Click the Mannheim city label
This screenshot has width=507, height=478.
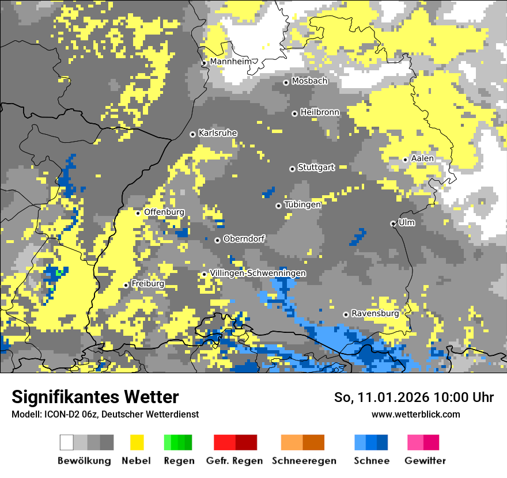coord(231,62)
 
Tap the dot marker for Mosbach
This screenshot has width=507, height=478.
coord(286,82)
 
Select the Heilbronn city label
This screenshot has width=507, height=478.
coord(320,112)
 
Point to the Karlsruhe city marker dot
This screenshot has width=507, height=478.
coord(193,134)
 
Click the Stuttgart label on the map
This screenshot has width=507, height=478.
coord(316,168)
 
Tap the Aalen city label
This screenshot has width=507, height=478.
coord(422,158)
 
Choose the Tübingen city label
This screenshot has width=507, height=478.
coord(302,204)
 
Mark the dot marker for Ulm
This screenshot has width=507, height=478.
coord(393,223)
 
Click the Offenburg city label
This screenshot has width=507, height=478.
coord(164,212)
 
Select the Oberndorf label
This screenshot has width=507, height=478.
coord(244,238)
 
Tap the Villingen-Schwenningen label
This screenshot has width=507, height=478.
coord(258,273)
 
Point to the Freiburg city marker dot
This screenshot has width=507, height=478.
coord(126,285)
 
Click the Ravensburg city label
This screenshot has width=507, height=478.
coord(375,313)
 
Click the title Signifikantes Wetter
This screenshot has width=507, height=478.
coord(95,397)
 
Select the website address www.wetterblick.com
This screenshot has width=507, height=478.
coord(415,414)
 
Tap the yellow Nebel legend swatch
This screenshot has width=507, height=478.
coord(137,442)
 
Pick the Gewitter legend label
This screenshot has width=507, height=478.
coord(425,461)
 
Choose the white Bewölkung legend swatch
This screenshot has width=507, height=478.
coord(67,442)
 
